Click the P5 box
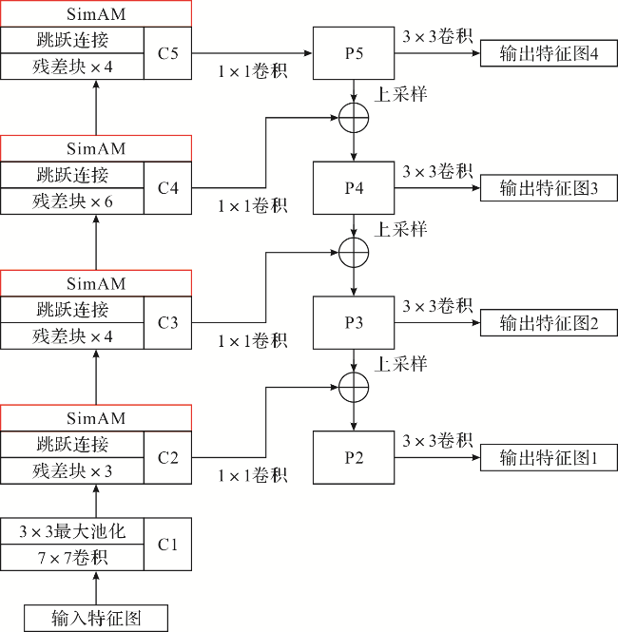pos(354,53)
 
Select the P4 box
pos(354,188)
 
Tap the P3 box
pos(354,322)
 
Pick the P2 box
pos(354,457)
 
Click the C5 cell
pos(168,53)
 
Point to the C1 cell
pos(168,545)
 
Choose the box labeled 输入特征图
pos(96,618)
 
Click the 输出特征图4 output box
pos(549,53)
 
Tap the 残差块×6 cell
pos(72,201)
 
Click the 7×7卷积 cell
pos(72,558)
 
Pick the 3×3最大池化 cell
pos(72,531)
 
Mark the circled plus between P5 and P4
pos(354,117)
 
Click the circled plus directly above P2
pos(354,386)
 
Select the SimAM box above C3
pos(96,283)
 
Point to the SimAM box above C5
pos(96,13)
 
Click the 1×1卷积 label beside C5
pos(252,71)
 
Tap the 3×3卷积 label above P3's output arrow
pos(437,306)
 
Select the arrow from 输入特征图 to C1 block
pos(96,587)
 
